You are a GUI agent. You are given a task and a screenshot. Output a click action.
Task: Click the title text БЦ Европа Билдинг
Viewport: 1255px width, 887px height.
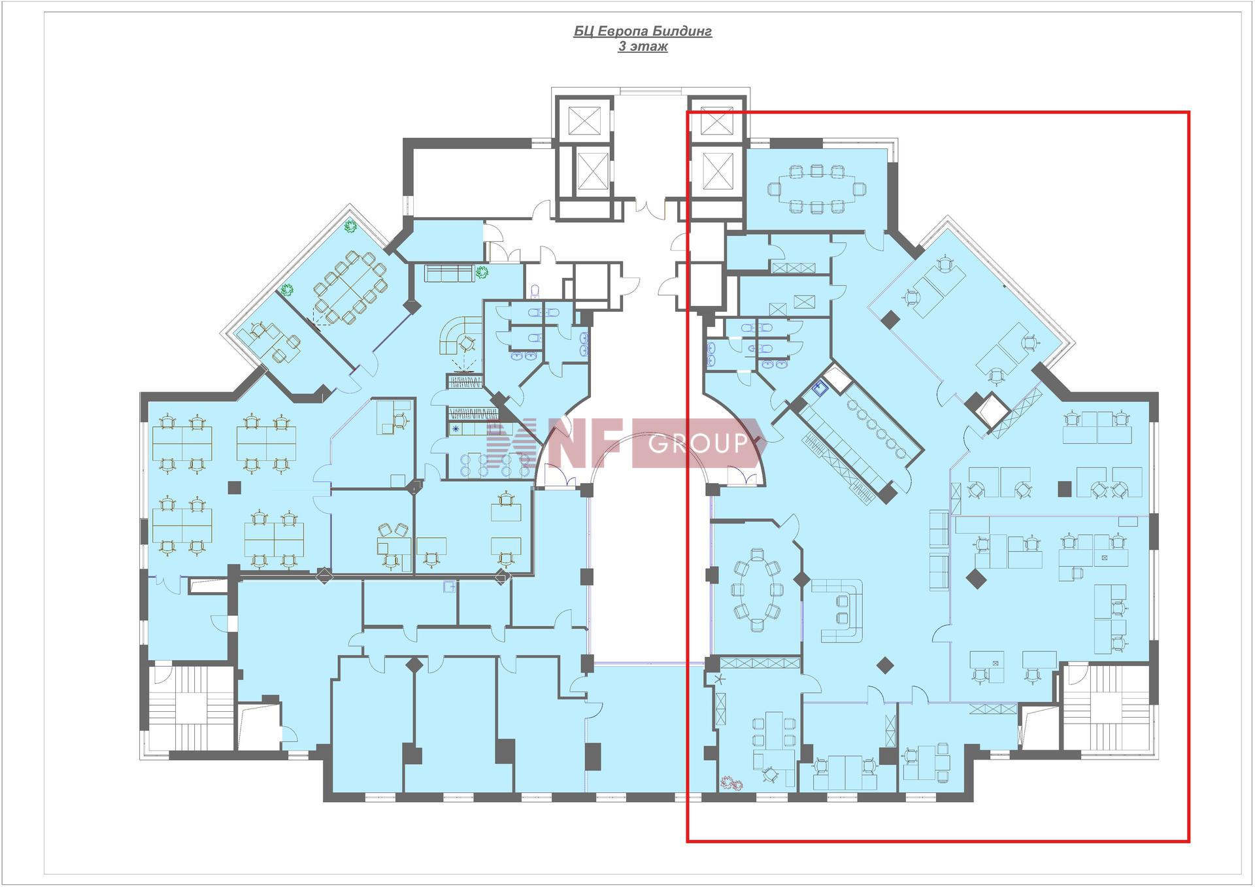(643, 31)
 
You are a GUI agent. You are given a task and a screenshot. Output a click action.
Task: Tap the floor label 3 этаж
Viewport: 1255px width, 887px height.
(643, 46)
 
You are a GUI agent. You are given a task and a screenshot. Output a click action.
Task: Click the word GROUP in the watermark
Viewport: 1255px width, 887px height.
(698, 444)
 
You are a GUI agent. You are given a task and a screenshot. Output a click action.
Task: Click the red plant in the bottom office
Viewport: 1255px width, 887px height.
(728, 781)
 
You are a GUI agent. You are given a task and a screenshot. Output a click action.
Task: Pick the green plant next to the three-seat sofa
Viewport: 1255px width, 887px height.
(482, 273)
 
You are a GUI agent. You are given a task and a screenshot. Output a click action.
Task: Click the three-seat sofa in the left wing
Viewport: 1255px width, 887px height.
(449, 273)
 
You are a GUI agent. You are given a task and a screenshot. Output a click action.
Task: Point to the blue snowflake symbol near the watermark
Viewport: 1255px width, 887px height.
(456, 429)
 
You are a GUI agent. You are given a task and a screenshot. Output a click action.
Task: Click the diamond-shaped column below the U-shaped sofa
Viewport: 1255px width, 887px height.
(885, 665)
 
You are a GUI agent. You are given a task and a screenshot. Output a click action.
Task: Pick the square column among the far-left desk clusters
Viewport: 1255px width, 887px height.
(234, 487)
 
